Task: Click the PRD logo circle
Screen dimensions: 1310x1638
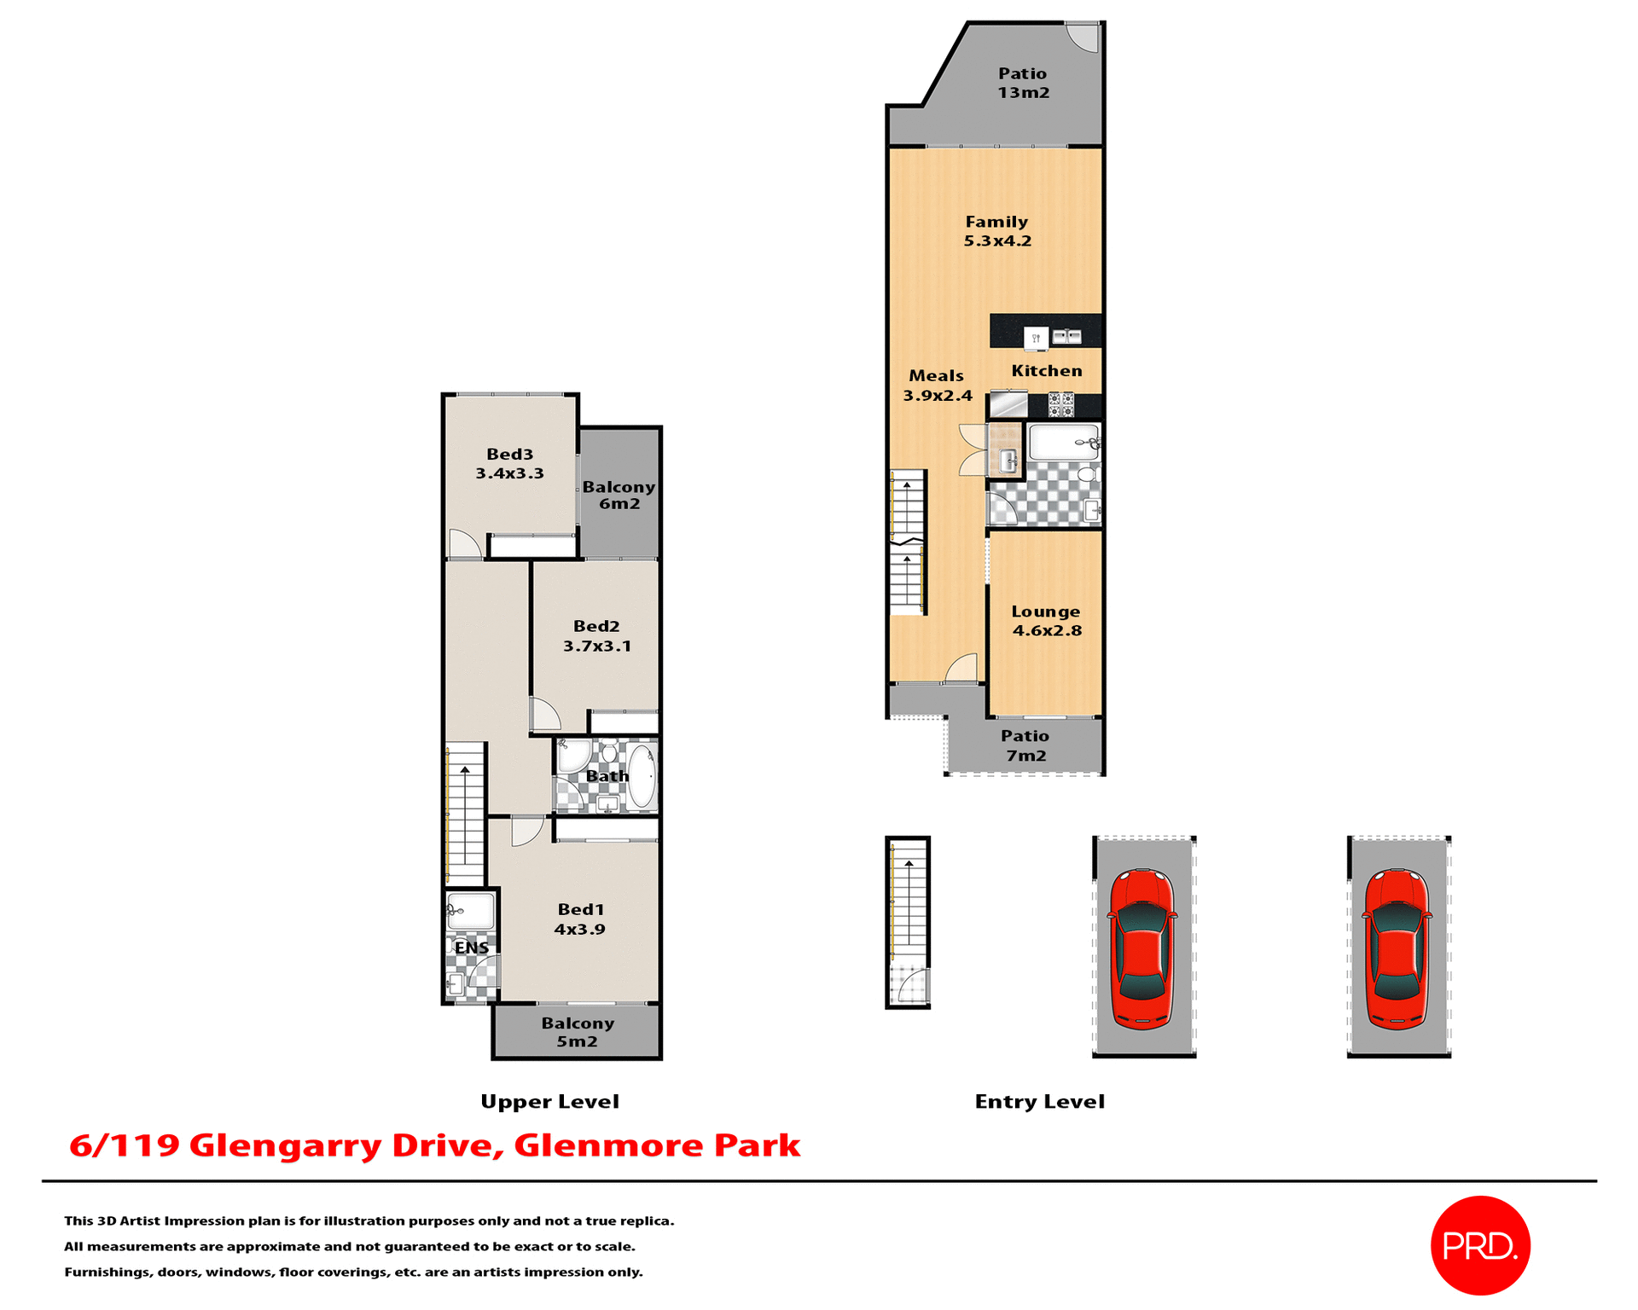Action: pos(1479,1245)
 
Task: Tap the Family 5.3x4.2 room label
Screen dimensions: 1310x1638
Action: pos(996,231)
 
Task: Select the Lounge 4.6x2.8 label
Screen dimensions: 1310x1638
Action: pos(1046,621)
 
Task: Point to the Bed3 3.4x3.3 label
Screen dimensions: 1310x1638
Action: pos(509,464)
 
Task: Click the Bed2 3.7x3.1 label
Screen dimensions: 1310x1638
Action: pos(596,636)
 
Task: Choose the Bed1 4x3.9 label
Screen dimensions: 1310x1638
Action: pos(580,919)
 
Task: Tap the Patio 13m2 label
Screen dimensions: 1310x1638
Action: pos(1023,83)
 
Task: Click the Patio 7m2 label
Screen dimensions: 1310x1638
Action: pos(1025,745)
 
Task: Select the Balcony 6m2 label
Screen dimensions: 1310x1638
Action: pos(619,495)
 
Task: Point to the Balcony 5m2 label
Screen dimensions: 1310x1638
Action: pos(578,1032)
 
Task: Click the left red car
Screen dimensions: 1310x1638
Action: pos(1141,948)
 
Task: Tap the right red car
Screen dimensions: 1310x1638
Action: pos(1397,948)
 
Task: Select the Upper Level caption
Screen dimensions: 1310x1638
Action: pos(549,1101)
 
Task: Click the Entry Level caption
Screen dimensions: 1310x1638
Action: pos(1039,1101)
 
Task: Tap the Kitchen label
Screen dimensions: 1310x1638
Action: pos(1046,371)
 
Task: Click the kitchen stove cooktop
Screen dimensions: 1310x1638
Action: pos(1060,404)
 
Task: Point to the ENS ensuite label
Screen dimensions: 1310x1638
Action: pos(471,948)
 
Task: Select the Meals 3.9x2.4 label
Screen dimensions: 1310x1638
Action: pos(937,385)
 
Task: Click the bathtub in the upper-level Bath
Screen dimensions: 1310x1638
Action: pos(642,776)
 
